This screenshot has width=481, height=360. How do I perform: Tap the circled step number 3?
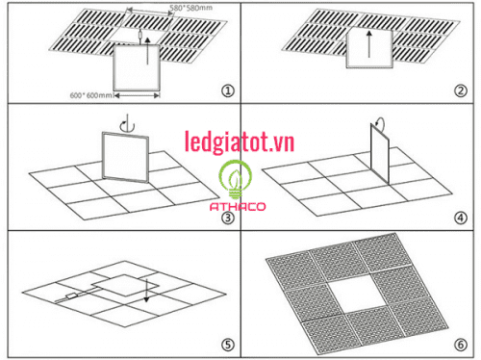(228, 217)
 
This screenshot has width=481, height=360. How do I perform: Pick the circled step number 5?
(228, 344)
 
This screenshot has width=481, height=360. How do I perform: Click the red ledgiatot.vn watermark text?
(240, 143)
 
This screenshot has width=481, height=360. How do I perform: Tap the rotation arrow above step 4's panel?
(380, 123)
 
